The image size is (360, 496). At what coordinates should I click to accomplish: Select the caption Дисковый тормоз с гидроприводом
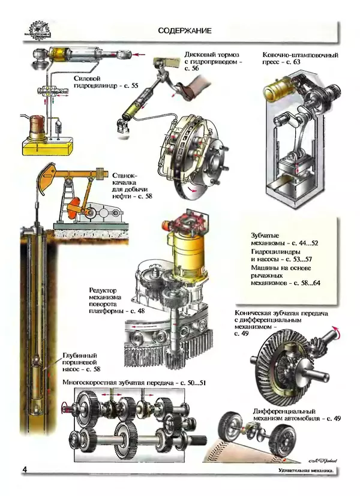213,61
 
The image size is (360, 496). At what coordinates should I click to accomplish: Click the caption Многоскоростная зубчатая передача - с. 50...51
134,383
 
